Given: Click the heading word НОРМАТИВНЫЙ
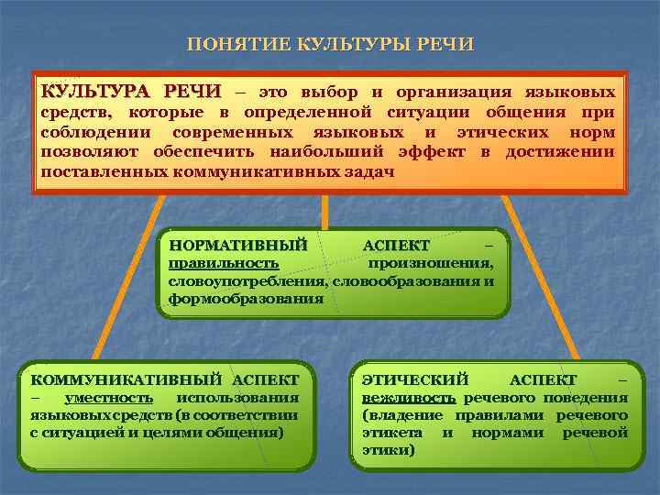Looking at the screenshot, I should (237, 245).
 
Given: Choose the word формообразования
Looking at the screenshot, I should (246, 298).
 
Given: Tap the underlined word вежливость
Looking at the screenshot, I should (408, 397).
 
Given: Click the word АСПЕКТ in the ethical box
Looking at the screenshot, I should (543, 379).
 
